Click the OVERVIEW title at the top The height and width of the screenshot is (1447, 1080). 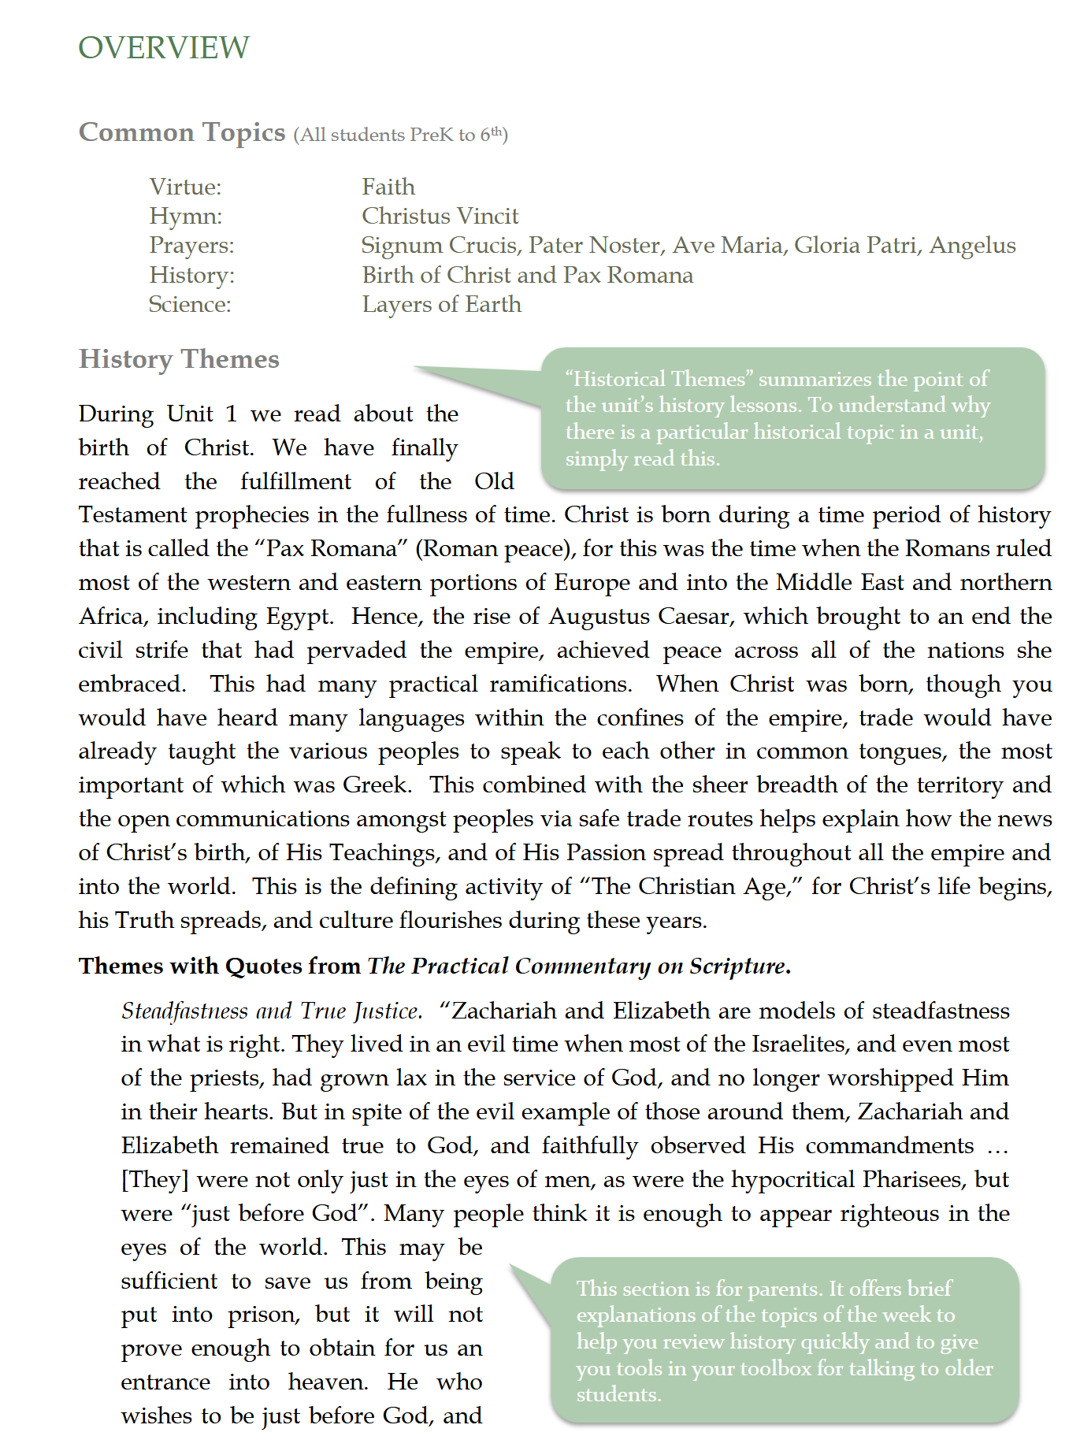164,48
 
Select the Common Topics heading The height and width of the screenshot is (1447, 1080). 182,132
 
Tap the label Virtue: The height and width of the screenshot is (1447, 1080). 185,187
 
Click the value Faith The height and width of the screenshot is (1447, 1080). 388,187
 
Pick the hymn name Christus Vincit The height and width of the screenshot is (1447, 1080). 440,216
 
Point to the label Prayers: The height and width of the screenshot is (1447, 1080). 191,245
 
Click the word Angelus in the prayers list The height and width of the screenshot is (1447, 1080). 972,245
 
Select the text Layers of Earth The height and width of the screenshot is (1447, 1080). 441,304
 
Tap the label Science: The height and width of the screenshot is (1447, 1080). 190,304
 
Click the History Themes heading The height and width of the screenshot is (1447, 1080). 179,359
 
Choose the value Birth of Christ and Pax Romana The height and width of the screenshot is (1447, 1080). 527,275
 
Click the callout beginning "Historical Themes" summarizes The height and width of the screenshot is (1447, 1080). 792,418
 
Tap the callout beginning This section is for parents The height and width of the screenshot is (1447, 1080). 784,1341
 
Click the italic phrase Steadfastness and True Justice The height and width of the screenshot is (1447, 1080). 272,1011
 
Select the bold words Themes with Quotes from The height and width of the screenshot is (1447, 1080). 220,966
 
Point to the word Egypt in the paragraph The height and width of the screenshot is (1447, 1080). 299,616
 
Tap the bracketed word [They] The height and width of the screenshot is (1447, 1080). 154,1179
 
